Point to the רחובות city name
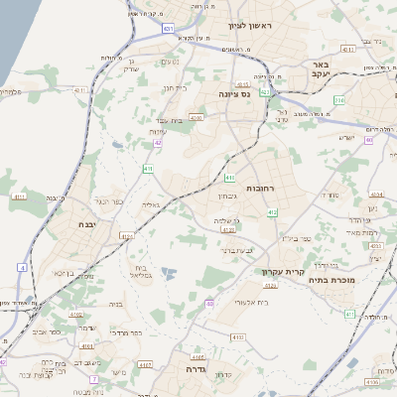click(266, 188)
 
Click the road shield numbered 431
click(169, 30)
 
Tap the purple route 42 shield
click(158, 143)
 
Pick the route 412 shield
click(272, 212)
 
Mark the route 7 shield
click(94, 378)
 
